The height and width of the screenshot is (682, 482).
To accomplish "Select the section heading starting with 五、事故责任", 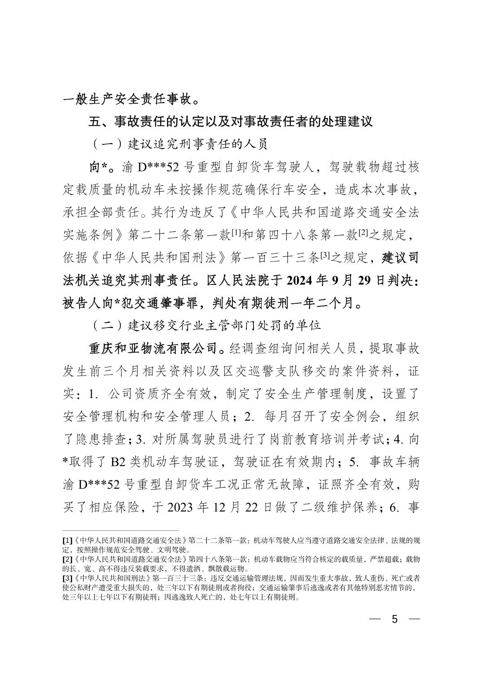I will pos(231,121).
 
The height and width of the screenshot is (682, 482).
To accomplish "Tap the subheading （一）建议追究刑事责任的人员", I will pos(180,144).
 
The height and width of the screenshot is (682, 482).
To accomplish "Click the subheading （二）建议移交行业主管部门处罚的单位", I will pos(206,325).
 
